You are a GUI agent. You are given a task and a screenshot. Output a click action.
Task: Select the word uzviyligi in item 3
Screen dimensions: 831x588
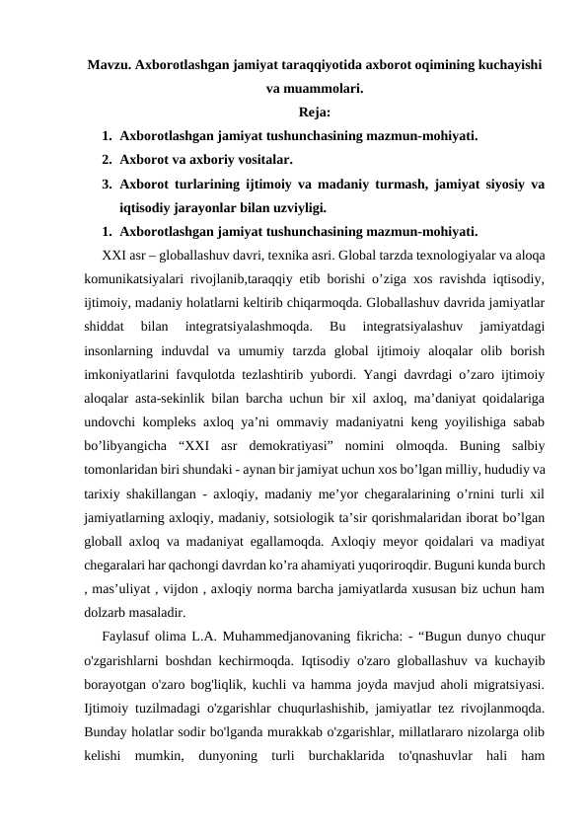(296, 207)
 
